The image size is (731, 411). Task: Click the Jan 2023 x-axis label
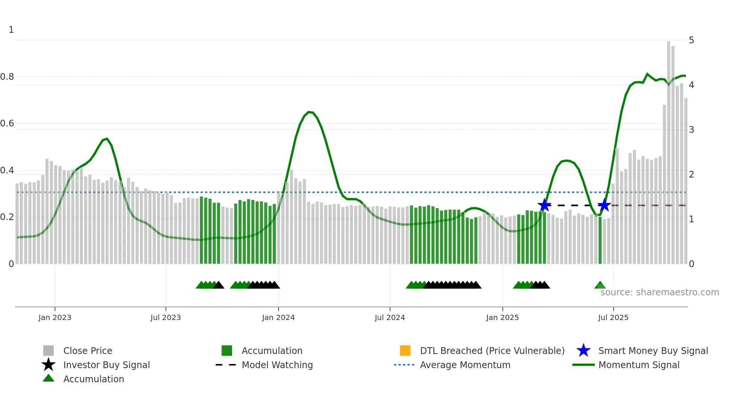click(x=55, y=317)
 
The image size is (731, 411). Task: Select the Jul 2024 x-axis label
click(x=390, y=317)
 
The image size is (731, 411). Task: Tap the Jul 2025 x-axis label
click(x=613, y=317)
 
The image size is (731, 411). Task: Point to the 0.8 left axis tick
click(x=7, y=77)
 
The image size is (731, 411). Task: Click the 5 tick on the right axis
click(x=691, y=40)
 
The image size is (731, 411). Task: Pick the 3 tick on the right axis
click(x=691, y=130)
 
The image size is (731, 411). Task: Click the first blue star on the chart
click(x=544, y=205)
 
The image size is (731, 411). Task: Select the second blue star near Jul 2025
click(x=604, y=205)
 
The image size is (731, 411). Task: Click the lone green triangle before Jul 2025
click(x=600, y=285)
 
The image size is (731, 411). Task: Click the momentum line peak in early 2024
click(x=310, y=112)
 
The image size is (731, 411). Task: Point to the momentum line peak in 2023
click(x=107, y=139)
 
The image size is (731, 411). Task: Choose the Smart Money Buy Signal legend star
click(x=583, y=351)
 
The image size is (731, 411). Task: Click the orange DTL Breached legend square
click(x=405, y=351)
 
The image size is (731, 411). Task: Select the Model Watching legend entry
click(x=277, y=365)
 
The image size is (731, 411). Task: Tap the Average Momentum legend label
click(x=465, y=365)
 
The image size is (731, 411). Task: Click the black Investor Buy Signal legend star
click(x=48, y=365)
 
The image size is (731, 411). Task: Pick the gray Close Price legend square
click(x=48, y=351)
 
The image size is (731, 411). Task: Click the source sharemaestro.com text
click(x=659, y=292)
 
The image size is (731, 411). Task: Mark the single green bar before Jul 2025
click(x=600, y=241)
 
